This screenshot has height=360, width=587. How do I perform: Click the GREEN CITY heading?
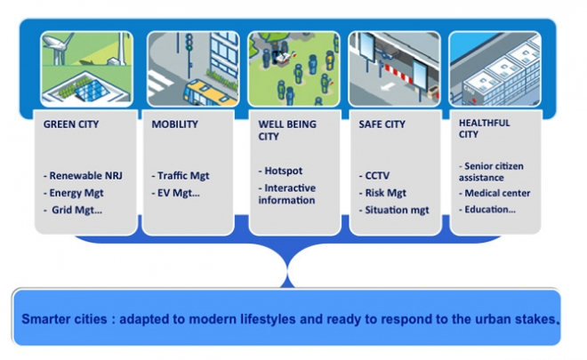coord(71,124)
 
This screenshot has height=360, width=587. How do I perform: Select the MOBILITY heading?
coord(174,124)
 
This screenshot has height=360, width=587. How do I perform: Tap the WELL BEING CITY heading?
coord(287,131)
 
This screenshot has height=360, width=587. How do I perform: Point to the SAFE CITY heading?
coord(382,124)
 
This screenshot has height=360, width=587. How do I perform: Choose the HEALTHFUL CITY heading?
coord(485,128)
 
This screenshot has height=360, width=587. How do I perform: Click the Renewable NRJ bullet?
coord(83,175)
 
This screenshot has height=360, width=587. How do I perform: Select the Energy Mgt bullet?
coord(73,193)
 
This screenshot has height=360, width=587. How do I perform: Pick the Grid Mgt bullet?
coord(73,210)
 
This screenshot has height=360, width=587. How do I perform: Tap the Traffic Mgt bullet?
coord(181,175)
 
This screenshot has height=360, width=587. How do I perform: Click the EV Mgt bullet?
coord(175,193)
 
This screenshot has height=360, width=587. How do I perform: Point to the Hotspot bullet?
coord(280,171)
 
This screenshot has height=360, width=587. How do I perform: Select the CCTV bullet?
coord(374,175)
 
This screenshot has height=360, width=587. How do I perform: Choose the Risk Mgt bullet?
coord(382,193)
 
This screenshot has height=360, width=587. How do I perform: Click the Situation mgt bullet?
coord(394,210)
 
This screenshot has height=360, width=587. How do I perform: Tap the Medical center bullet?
coord(495,193)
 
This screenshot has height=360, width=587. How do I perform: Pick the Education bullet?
coord(487,209)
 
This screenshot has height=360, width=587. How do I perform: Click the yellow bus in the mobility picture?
coord(211,93)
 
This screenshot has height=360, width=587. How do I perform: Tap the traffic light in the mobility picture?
coord(189,43)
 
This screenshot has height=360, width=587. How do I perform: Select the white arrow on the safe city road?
coord(387,87)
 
